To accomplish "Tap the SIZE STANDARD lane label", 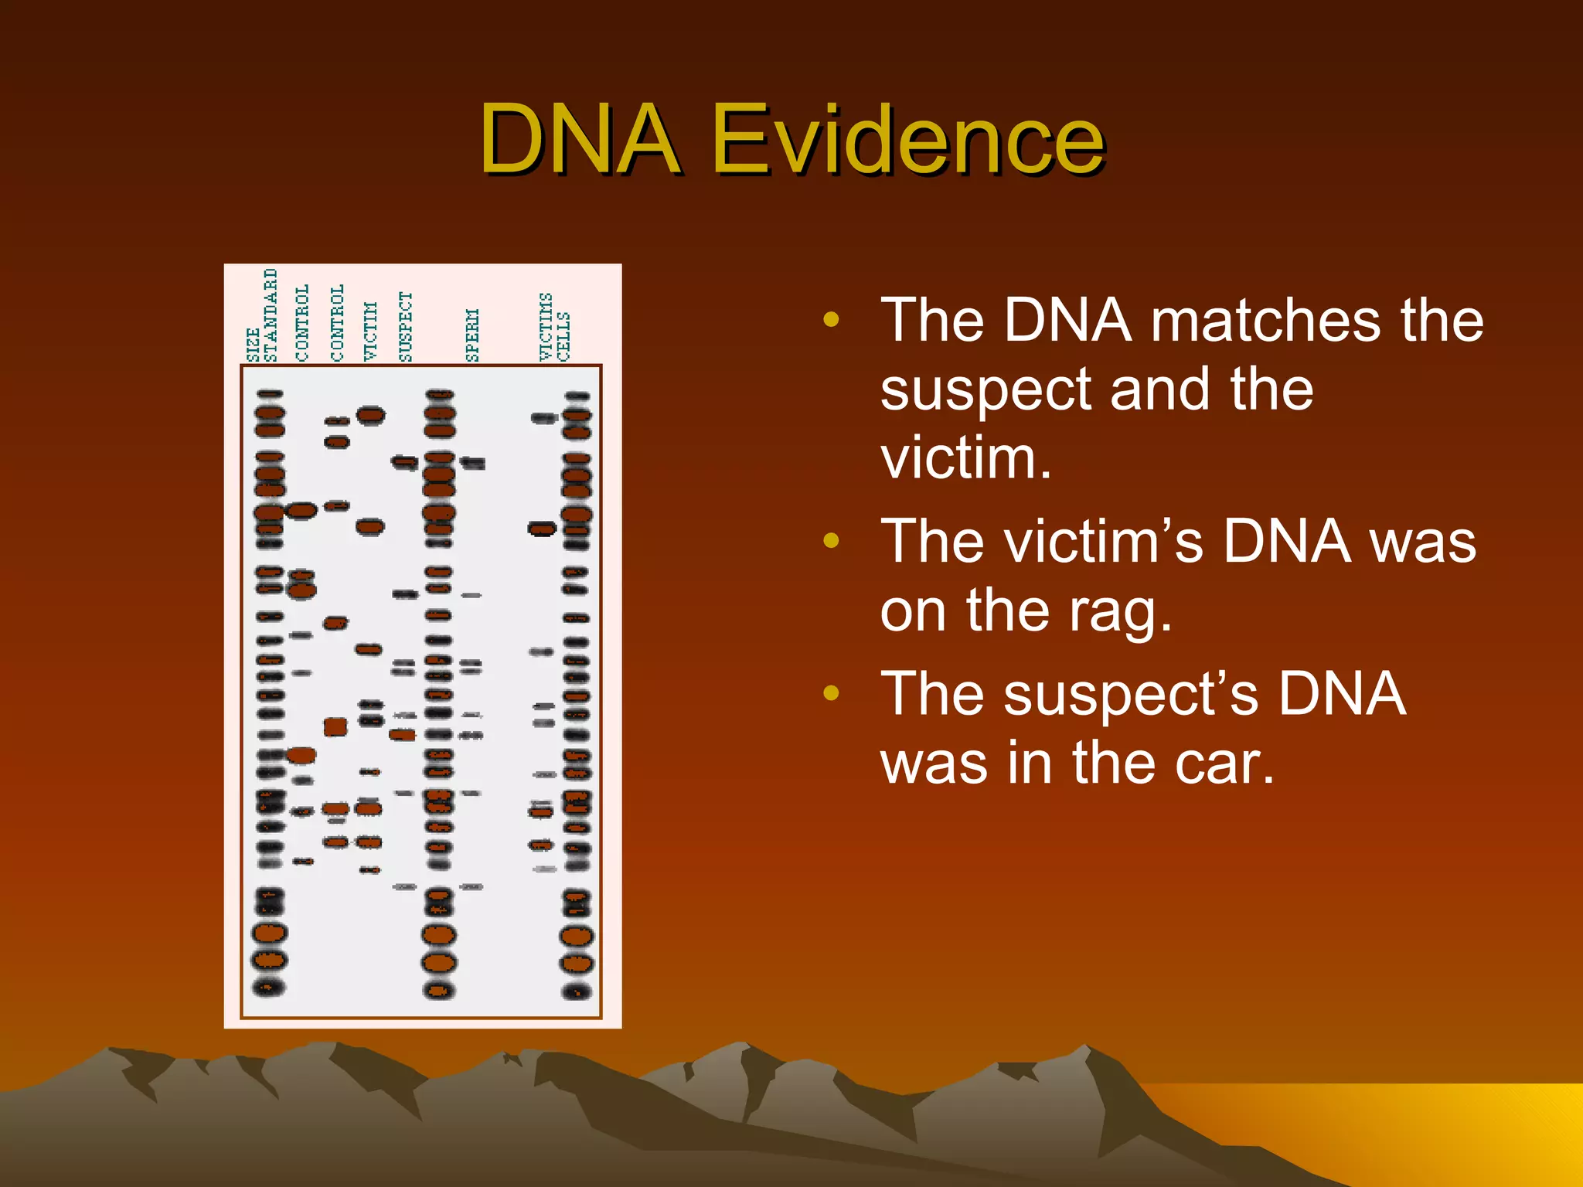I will pos(262,315).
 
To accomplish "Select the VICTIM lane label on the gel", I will pos(371,331).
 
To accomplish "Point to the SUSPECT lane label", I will pos(406,326).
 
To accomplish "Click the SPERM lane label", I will pos(472,335).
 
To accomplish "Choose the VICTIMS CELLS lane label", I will pos(554,327).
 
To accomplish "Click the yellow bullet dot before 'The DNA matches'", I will pos(832,319).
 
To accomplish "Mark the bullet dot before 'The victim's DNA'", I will pos(832,541).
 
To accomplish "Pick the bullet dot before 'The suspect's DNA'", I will pos(832,693).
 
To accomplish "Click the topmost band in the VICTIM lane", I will pos(371,416).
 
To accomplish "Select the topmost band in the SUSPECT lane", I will pos(404,462).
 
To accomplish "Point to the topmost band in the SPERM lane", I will pos(473,463).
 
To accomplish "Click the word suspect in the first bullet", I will pos(985,389).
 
